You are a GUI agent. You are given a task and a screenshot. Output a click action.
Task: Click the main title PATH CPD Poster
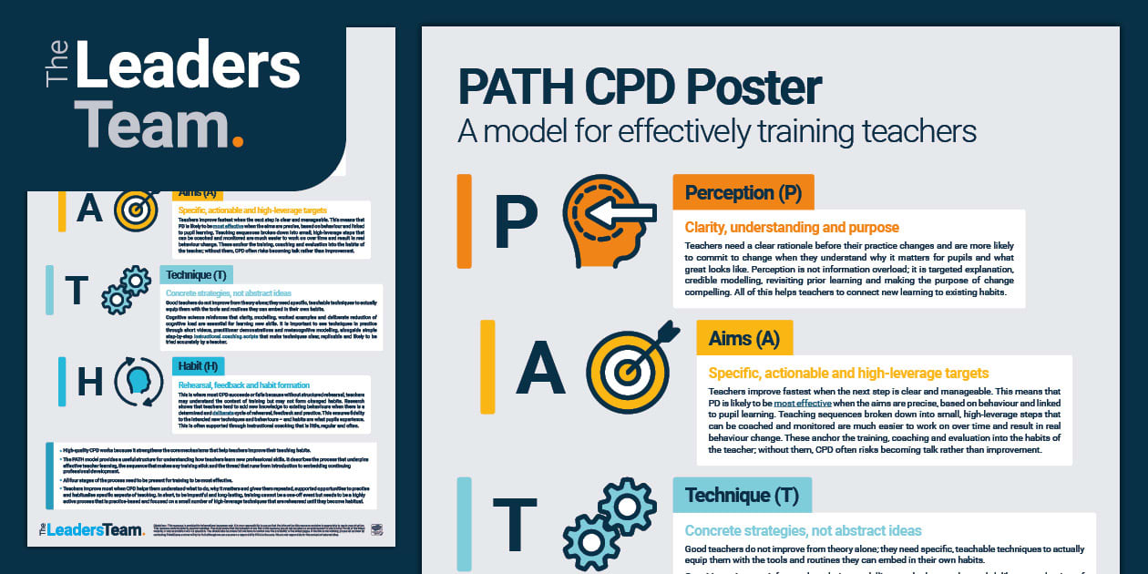(x=640, y=88)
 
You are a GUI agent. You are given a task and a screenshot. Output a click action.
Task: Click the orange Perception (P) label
(x=743, y=192)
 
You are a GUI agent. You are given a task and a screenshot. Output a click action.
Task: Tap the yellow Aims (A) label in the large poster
(x=743, y=339)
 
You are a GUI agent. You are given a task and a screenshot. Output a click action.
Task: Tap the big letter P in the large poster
(x=516, y=224)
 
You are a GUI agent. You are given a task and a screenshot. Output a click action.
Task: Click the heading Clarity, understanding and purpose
(x=792, y=227)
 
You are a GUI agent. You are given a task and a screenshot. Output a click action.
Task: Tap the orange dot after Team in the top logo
(x=238, y=140)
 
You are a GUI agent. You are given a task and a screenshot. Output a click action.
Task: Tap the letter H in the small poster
(x=89, y=382)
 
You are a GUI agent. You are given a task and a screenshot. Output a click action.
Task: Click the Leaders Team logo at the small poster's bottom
(x=91, y=528)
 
